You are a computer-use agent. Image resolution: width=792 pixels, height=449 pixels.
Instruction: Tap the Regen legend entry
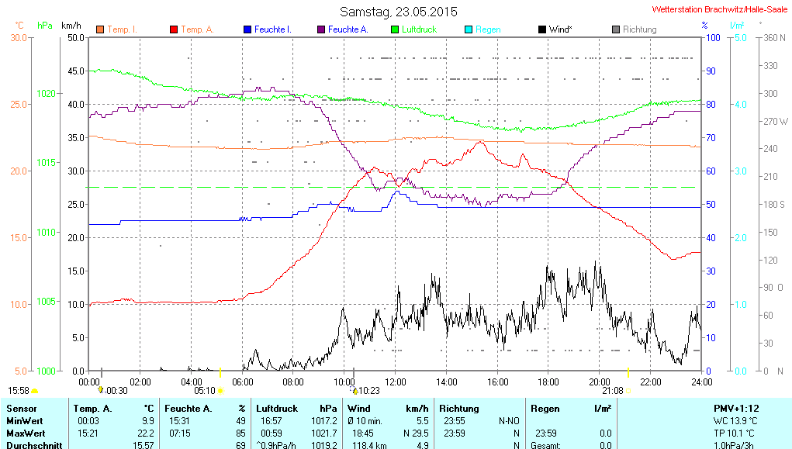pyautogui.click(x=487, y=29)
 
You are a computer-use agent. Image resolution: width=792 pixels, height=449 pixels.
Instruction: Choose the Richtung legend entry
pyautogui.click(x=638, y=29)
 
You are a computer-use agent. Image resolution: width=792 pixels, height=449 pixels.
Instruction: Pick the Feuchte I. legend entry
pyautogui.click(x=272, y=29)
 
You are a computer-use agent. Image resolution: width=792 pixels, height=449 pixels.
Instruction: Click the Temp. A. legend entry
pyautogui.click(x=197, y=29)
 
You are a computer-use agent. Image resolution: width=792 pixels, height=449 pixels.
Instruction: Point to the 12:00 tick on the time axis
pyautogui.click(x=396, y=382)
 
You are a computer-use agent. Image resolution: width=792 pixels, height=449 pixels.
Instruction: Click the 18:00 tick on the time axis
pyautogui.click(x=548, y=382)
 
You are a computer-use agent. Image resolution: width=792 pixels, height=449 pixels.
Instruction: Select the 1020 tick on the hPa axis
pyautogui.click(x=46, y=93)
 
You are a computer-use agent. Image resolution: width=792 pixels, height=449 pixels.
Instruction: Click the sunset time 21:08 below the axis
pyautogui.click(x=612, y=391)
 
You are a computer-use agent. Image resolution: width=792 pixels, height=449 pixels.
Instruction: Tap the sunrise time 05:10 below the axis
pyautogui.click(x=204, y=391)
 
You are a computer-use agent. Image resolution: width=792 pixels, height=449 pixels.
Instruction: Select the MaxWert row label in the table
pyautogui.click(x=26, y=433)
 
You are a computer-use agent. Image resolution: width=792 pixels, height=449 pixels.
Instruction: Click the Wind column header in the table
pyautogui.click(x=359, y=409)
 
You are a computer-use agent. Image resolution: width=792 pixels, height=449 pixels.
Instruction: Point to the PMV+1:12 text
pyautogui.click(x=736, y=409)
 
